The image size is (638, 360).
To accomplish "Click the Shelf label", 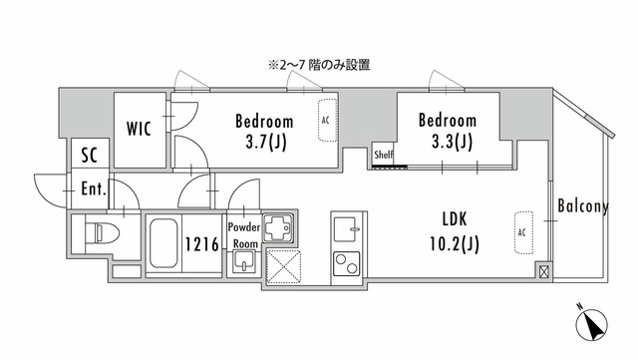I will [x=384, y=156].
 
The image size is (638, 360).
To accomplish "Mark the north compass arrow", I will [x=593, y=325].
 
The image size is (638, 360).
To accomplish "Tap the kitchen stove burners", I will [x=345, y=264].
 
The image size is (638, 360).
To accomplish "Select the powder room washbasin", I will [x=243, y=264].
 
